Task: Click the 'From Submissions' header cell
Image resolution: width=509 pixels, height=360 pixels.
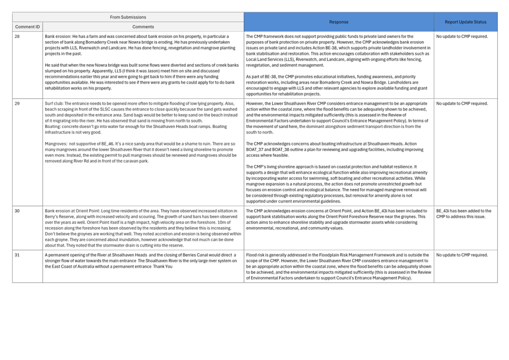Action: [x=128, y=17]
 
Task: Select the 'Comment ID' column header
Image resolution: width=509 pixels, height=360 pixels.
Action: [x=28, y=27]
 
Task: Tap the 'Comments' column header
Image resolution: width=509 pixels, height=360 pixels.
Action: [x=143, y=27]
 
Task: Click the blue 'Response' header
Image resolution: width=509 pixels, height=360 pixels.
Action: [x=339, y=22]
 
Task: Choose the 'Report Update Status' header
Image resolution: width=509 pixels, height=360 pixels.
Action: [x=465, y=22]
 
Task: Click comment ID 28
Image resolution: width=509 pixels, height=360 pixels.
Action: [x=17, y=37]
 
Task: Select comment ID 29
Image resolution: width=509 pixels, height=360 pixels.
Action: [x=17, y=104]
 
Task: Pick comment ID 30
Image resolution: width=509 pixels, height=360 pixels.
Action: [x=17, y=211]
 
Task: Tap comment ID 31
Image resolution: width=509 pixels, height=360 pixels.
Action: [x=17, y=255]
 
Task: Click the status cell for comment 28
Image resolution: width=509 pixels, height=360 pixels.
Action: [x=462, y=37]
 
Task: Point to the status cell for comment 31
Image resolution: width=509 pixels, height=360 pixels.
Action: [x=462, y=255]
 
